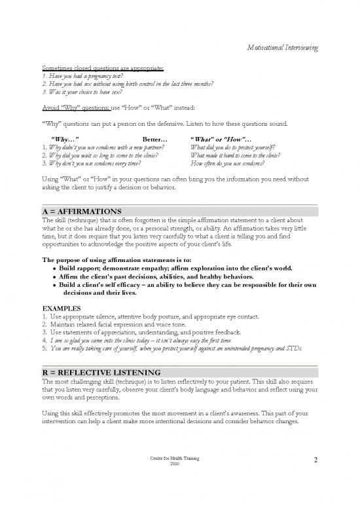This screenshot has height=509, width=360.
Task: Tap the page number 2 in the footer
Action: coord(315,462)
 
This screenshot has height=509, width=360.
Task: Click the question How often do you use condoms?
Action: coord(226,164)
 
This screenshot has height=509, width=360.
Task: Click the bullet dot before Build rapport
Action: coord(53,269)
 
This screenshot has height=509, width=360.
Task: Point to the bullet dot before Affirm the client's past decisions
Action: coord(53,277)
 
